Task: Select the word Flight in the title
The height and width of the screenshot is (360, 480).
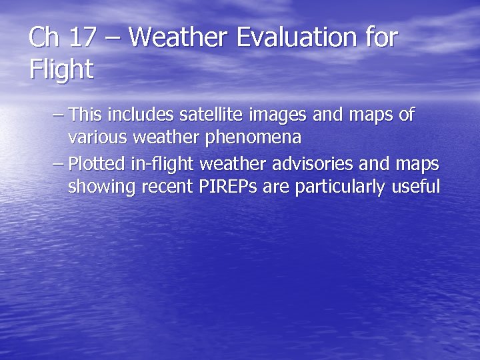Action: [61, 69]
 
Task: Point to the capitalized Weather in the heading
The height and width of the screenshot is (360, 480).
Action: [175, 37]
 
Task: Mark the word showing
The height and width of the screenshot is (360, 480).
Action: [101, 187]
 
